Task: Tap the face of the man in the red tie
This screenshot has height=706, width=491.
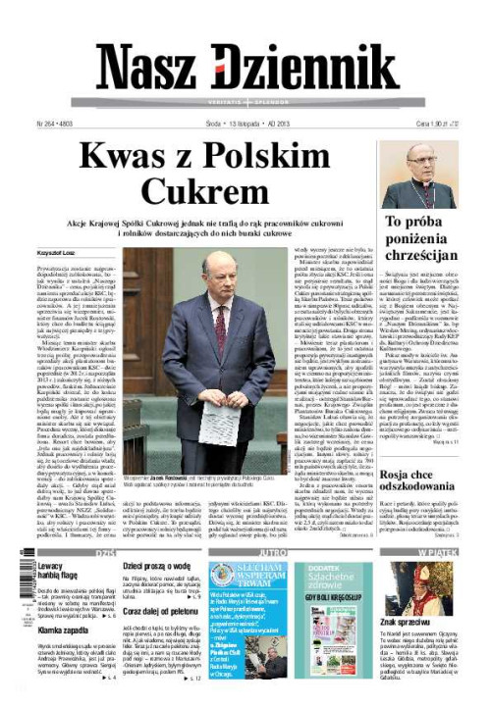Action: (219, 274)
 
